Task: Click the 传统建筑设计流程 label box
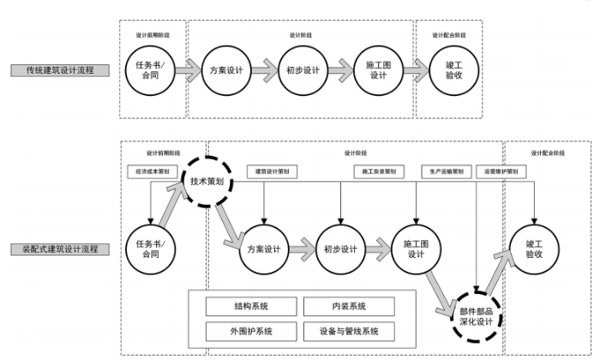click(x=61, y=70)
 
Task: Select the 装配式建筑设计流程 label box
click(x=61, y=249)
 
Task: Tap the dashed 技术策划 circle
click(x=207, y=183)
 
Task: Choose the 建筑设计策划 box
click(x=273, y=171)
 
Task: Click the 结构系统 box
click(x=250, y=306)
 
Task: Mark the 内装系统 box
click(x=348, y=306)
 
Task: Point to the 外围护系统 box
click(x=250, y=330)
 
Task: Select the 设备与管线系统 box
click(x=348, y=330)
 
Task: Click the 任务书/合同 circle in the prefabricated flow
click(x=150, y=249)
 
